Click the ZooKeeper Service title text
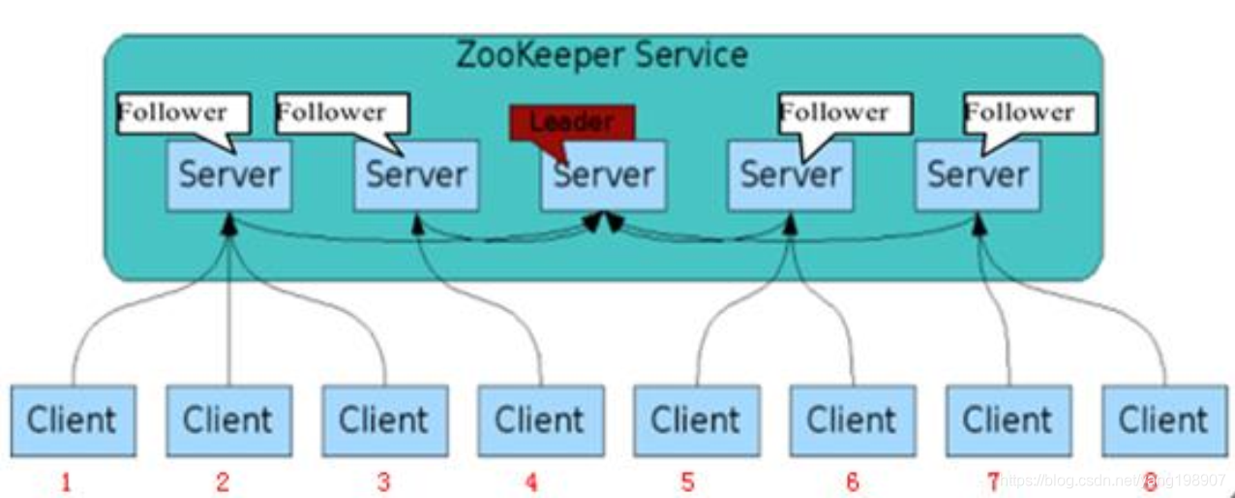(x=601, y=55)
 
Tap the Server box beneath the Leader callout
(x=604, y=176)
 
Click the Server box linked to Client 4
(x=416, y=176)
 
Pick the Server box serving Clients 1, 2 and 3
(x=228, y=176)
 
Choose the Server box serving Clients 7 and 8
(x=978, y=176)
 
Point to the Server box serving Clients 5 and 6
(x=791, y=176)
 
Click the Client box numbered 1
(x=72, y=420)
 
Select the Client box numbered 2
(x=228, y=420)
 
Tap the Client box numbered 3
(x=384, y=420)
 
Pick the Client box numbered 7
(x=1009, y=420)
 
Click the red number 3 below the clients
(x=384, y=482)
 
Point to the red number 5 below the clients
(x=687, y=482)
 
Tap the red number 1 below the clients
(x=66, y=482)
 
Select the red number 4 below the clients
(x=531, y=482)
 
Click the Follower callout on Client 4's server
(x=341, y=113)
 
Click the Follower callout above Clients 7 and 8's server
(x=1030, y=113)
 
